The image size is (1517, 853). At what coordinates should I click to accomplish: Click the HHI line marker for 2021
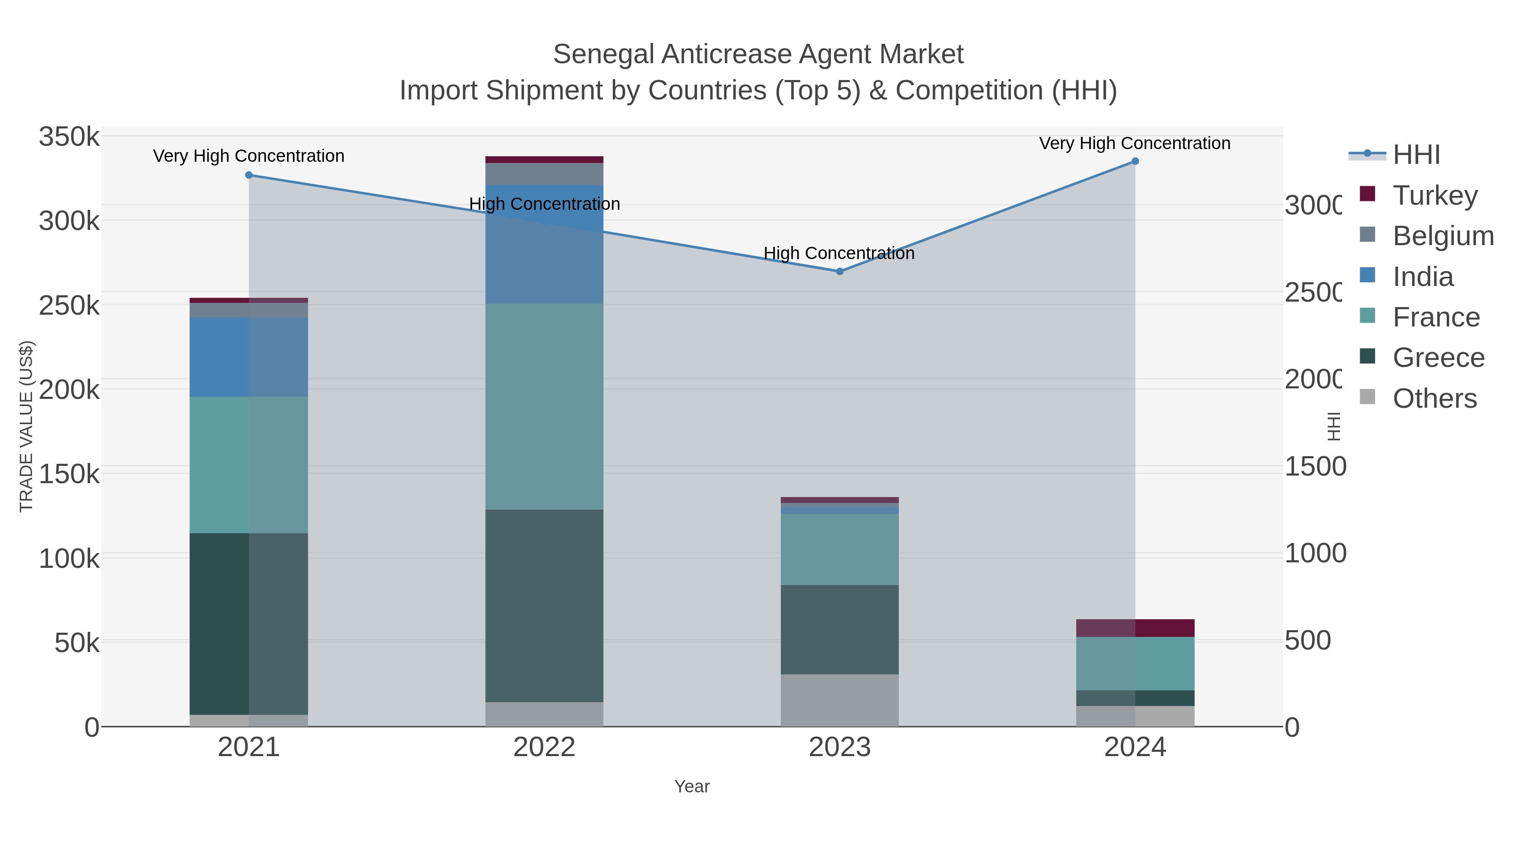(x=249, y=175)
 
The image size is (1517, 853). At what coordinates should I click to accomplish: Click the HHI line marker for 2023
(x=840, y=271)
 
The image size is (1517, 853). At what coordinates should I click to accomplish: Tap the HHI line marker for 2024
(x=1135, y=161)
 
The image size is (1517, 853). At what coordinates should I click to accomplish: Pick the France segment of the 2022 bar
(x=544, y=406)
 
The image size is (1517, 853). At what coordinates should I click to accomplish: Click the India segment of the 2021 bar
(x=249, y=357)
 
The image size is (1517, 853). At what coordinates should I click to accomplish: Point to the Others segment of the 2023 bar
(x=840, y=700)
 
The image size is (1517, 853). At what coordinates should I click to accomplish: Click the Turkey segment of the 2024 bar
(x=1135, y=628)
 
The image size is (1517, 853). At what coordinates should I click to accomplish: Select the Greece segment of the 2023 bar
(x=840, y=629)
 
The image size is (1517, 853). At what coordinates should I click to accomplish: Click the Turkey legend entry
(x=1434, y=195)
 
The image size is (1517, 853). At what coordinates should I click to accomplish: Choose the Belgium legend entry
(x=1443, y=235)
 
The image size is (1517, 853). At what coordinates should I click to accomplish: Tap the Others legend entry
(x=1434, y=398)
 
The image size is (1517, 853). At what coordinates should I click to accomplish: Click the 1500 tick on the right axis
(x=1314, y=466)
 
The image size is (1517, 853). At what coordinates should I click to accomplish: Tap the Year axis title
(x=692, y=786)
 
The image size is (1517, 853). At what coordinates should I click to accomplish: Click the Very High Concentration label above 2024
(x=1134, y=143)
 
